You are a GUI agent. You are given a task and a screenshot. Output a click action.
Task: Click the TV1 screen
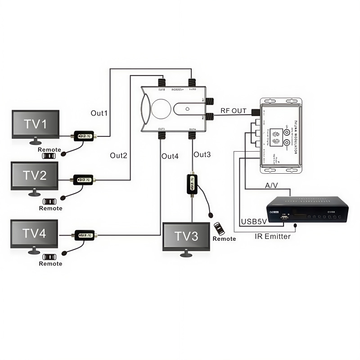36,125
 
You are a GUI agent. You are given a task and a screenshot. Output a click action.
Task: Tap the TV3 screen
186,236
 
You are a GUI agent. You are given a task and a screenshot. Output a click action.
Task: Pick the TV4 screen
35,233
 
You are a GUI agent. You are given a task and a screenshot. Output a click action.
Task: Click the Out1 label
99,113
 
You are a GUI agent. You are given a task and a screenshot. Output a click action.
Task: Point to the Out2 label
118,155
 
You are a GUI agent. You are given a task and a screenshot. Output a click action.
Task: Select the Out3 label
202,154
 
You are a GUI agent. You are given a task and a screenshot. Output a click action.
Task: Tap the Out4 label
170,156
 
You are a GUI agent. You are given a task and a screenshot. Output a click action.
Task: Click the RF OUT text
233,111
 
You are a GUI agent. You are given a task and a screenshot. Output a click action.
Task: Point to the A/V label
272,185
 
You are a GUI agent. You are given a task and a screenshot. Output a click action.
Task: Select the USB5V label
255,221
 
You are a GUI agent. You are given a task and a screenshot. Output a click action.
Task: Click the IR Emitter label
274,236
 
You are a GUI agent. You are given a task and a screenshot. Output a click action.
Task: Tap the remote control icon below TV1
49,156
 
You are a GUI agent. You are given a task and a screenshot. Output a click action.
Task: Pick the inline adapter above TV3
192,183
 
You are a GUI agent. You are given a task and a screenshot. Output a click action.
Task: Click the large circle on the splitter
161,109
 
